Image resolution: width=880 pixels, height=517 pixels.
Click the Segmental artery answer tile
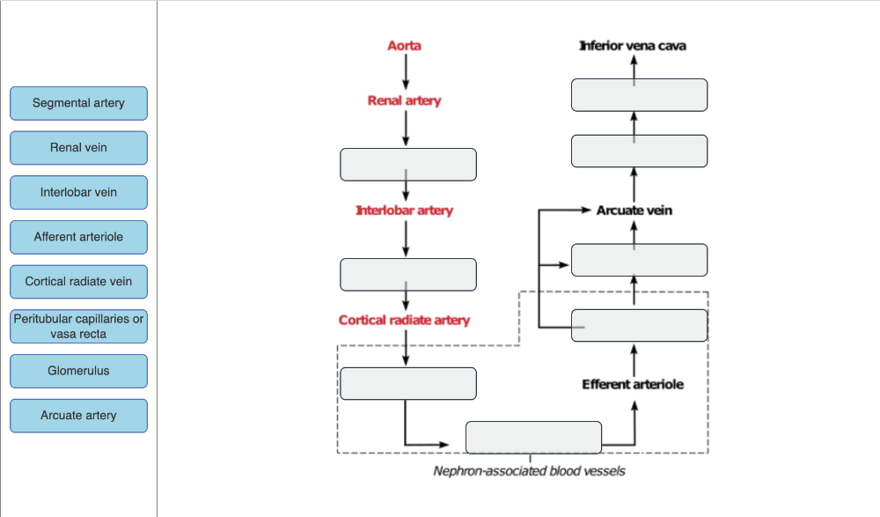[x=78, y=103]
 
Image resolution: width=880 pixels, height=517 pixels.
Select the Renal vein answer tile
[x=78, y=148]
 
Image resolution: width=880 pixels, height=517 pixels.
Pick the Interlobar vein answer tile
[x=78, y=193]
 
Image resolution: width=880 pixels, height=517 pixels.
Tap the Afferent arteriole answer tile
[x=78, y=237]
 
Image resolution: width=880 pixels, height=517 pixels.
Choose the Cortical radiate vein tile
[x=78, y=282]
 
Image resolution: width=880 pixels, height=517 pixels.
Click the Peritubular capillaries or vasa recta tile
[x=78, y=327]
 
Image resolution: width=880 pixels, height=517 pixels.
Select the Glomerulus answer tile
[x=78, y=371]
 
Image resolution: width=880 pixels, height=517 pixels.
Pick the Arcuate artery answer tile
[x=78, y=416]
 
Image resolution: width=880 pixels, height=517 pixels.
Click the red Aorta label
[x=405, y=46]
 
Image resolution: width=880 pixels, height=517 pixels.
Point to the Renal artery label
[x=405, y=101]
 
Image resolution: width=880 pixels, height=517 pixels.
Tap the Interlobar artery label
[x=405, y=211]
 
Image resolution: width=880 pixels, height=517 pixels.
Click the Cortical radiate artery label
[x=405, y=321]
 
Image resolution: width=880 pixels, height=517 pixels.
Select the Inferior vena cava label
[x=633, y=46]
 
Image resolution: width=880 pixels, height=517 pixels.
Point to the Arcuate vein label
[x=634, y=211]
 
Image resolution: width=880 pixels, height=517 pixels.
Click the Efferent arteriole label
[x=633, y=385]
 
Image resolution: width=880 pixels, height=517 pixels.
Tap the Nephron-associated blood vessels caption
[x=530, y=471]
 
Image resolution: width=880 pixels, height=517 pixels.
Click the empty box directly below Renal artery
[x=408, y=165]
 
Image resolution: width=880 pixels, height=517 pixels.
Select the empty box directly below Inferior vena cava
[x=639, y=95]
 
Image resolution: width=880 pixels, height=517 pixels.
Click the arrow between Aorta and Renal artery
[x=405, y=71]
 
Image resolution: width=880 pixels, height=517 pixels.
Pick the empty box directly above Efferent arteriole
[x=639, y=326]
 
